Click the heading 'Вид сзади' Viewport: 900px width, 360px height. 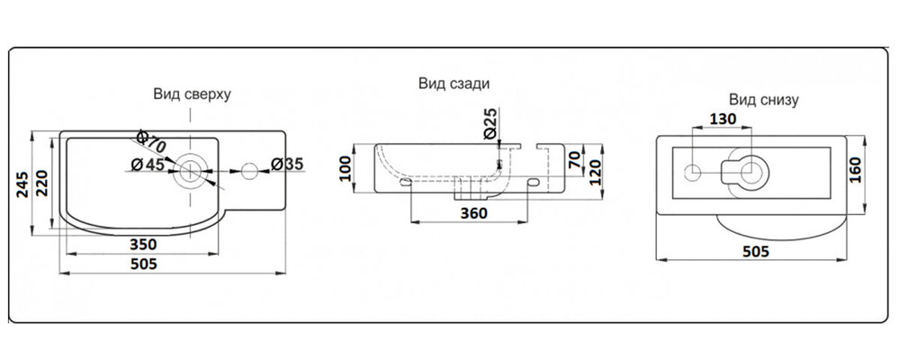click(453, 84)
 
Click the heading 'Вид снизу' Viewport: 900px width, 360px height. click(763, 99)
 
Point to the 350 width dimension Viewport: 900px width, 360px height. click(144, 243)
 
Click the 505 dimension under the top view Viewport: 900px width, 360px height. click(144, 264)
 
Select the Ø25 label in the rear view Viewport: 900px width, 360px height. click(490, 122)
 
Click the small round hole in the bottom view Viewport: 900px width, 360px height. click(694, 171)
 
